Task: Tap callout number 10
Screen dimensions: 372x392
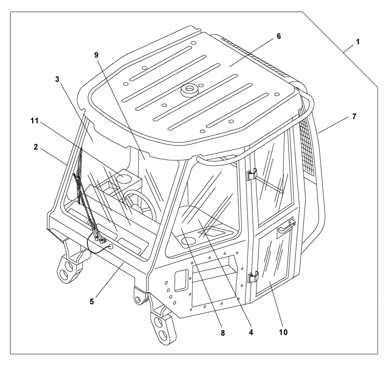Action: point(283,332)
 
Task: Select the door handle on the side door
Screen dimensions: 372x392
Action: point(286,227)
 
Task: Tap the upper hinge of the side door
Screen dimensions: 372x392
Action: point(251,174)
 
